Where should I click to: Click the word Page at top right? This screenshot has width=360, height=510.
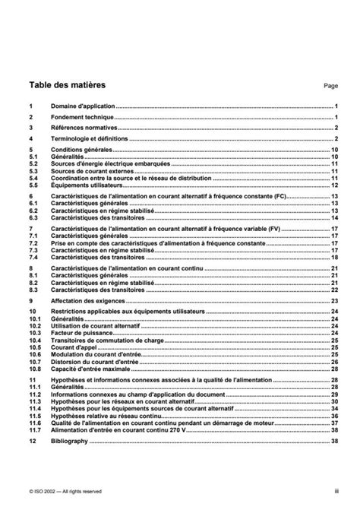pos(330,87)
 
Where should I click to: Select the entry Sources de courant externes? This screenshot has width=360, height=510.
pos(90,171)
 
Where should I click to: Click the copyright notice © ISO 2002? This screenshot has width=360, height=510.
pos(59,491)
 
